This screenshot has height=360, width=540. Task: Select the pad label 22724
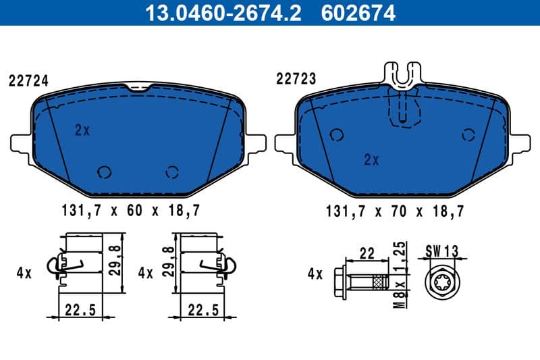28,80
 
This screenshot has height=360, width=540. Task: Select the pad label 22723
296,79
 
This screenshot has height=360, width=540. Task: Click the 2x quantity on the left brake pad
82,130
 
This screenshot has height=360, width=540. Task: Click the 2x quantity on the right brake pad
371,159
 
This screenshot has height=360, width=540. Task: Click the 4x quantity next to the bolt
315,274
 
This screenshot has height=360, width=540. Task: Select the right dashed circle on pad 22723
466,134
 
